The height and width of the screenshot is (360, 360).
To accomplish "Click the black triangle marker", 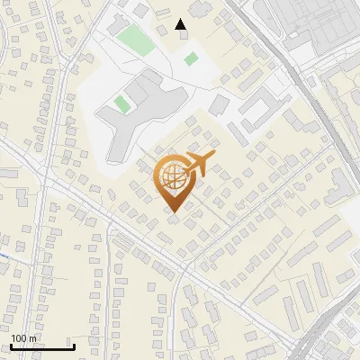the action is [x=181, y=24].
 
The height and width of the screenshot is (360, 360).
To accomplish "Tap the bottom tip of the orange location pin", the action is [x=174, y=211].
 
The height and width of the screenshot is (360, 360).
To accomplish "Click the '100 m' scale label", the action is [x=24, y=338].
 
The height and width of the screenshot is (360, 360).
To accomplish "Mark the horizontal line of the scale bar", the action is [x=41, y=346].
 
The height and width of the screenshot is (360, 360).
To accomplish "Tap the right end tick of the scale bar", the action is [x=73, y=345].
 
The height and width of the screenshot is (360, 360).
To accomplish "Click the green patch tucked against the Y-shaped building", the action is [x=121, y=103].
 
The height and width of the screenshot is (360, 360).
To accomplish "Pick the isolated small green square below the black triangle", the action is [x=191, y=58].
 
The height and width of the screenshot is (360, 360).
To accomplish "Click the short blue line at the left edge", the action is [x=3, y=256].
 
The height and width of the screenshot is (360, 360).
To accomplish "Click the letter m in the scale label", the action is [x=33, y=338].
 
